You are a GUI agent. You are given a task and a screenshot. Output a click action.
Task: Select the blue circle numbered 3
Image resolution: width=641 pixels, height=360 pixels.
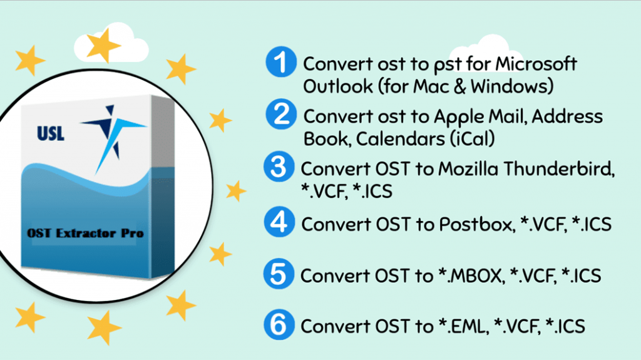tap(280, 168)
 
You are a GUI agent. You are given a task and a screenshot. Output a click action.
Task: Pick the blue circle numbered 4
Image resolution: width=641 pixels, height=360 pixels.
tap(280, 222)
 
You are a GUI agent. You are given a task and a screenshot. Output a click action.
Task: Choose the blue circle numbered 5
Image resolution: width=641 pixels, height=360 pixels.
tap(280, 274)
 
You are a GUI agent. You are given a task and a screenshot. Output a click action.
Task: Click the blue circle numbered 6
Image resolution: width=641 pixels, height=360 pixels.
tap(280, 325)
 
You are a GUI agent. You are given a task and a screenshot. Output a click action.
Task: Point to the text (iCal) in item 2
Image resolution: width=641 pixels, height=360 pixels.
tap(471, 139)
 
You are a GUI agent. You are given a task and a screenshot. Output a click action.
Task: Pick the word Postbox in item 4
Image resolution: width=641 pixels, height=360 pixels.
tap(471, 224)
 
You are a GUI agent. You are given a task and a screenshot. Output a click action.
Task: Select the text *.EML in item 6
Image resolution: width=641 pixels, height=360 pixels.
tap(463, 327)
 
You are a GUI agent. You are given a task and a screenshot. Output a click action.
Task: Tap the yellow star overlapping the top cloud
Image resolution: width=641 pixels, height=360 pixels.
tap(103, 46)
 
